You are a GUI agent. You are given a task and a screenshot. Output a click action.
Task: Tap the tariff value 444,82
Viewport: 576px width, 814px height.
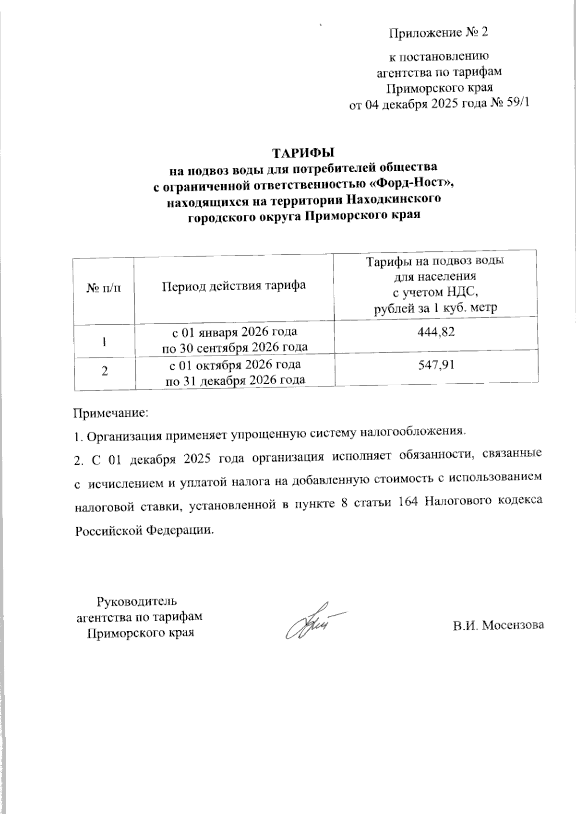[x=435, y=331]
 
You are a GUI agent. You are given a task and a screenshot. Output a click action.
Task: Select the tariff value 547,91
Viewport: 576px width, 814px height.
[x=435, y=365]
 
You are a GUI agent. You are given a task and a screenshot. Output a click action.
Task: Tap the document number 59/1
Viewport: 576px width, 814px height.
[x=517, y=104]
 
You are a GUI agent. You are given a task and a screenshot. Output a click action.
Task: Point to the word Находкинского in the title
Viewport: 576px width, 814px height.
[x=395, y=200]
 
